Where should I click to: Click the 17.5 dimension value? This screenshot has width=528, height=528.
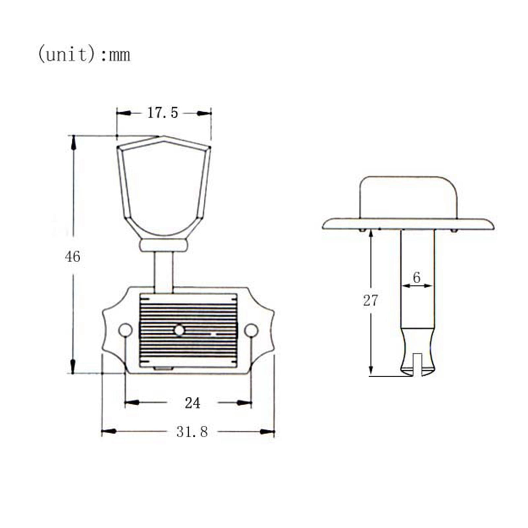(162, 113)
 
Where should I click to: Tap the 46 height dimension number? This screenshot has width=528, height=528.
(72, 256)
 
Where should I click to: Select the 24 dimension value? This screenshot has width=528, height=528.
(192, 403)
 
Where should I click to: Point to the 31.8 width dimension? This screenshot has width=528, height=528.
(192, 432)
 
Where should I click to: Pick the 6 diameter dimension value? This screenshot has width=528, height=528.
(416, 278)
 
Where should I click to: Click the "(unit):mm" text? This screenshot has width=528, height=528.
(84, 54)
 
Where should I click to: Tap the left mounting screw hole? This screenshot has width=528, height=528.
(125, 330)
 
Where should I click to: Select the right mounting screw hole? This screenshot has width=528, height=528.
(251, 330)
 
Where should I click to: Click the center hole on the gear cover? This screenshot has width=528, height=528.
(179, 330)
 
